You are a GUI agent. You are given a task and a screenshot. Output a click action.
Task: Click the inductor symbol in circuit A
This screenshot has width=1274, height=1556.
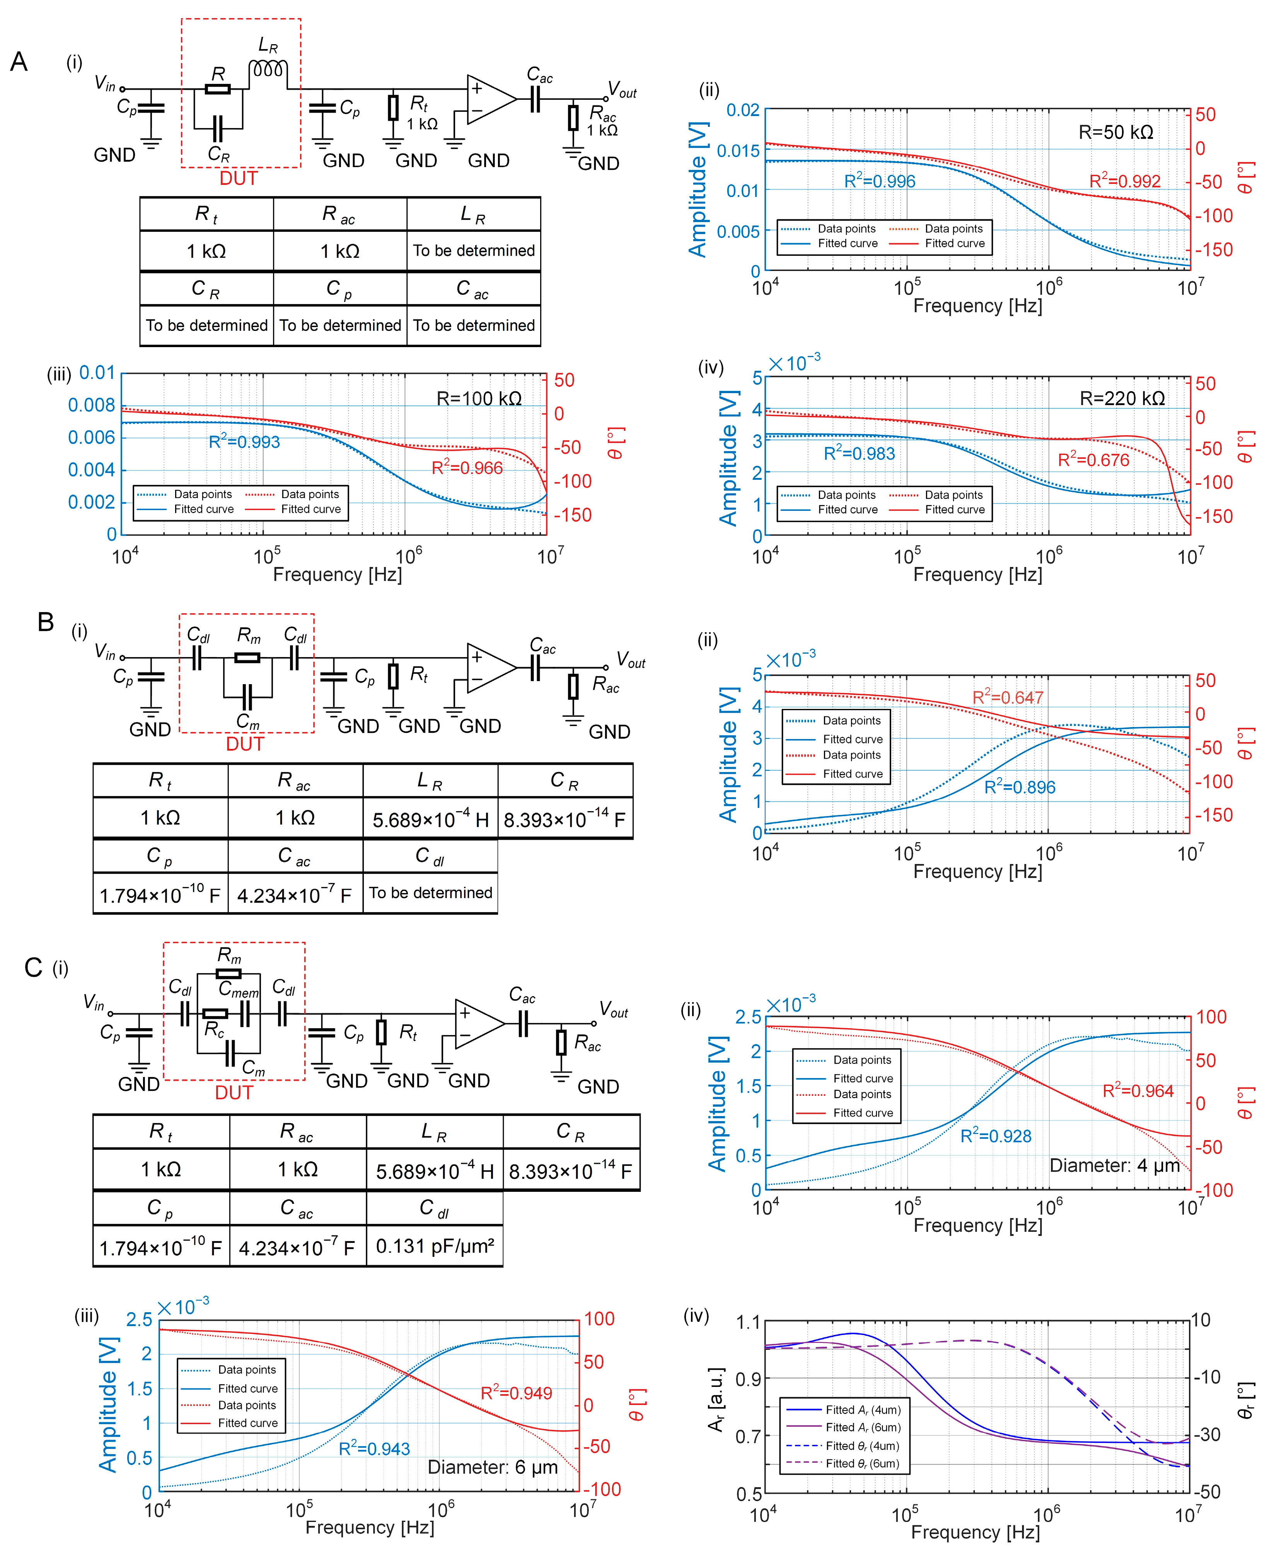pyautogui.click(x=268, y=69)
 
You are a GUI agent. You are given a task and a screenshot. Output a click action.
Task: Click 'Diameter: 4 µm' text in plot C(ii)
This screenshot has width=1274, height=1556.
pyautogui.click(x=1114, y=1165)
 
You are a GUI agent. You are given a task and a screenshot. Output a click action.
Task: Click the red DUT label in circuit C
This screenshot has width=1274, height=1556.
pyautogui.click(x=234, y=1093)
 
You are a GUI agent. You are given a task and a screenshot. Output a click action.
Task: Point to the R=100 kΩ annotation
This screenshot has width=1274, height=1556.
pyautogui.click(x=479, y=399)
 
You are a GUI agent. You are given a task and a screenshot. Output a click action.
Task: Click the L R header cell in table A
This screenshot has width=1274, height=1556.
pyautogui.click(x=473, y=214)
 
